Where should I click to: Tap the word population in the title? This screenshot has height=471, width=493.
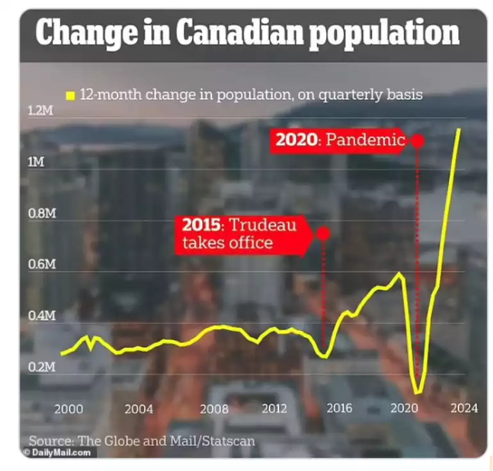[384, 34]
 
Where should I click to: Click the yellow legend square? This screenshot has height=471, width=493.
[70, 95]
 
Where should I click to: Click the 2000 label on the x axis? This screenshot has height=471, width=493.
[69, 409]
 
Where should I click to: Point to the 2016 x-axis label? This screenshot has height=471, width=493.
[339, 409]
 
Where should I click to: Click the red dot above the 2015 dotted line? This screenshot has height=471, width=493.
[323, 233]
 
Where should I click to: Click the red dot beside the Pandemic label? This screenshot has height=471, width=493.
[417, 140]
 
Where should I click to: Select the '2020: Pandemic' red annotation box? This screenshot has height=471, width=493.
[340, 140]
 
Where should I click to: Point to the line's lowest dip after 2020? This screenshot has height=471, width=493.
[417, 392]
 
